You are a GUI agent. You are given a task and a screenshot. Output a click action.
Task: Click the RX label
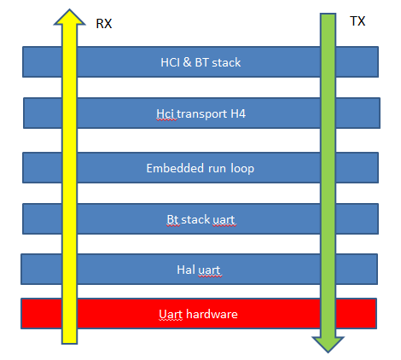pos(102,24)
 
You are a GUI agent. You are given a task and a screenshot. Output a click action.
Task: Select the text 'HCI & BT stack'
pos(200,62)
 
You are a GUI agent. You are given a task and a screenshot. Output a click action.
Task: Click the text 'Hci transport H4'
pos(200,114)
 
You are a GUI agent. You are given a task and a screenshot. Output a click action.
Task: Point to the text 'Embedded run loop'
pos(200,168)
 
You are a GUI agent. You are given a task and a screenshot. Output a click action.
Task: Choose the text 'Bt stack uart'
pos(200,219)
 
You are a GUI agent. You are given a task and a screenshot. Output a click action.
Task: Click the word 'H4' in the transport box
pos(236,114)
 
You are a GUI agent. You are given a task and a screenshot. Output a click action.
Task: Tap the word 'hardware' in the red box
pos(213,314)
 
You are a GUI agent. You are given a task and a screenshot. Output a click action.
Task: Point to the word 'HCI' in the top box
pos(171,62)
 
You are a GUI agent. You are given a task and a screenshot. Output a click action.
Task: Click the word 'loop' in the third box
pos(241,168)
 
